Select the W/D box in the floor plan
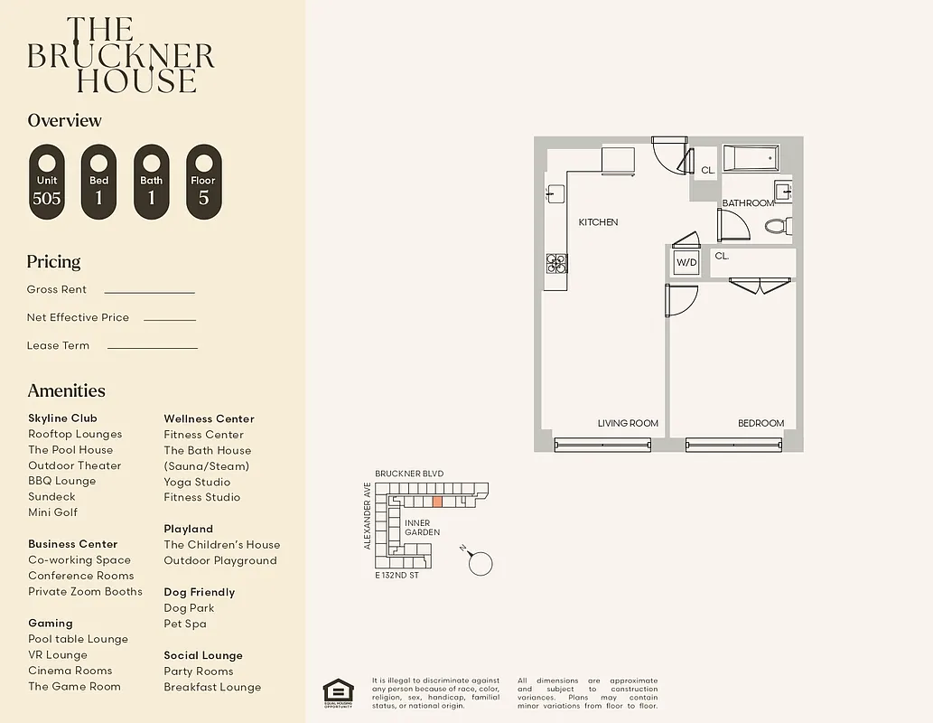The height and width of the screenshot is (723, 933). [686, 263]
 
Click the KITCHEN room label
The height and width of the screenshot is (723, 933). [598, 222]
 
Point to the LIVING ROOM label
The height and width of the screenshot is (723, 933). [628, 423]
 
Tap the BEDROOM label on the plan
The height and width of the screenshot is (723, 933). [760, 423]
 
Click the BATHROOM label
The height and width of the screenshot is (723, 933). [748, 203]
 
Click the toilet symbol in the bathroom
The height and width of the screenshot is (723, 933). [778, 225]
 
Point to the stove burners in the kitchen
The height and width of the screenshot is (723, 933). [556, 263]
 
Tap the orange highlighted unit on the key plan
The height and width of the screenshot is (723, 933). [437, 502]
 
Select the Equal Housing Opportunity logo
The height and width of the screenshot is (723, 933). [338, 693]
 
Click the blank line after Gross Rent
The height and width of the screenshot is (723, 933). [149, 291]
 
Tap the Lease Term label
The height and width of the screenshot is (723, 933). [58, 345]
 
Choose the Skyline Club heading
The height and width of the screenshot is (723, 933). [62, 418]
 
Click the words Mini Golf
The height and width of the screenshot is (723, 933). [52, 512]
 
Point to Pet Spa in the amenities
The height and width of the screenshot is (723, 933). [185, 624]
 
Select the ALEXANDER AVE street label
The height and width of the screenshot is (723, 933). [368, 515]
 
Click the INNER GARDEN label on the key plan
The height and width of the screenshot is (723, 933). [422, 528]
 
